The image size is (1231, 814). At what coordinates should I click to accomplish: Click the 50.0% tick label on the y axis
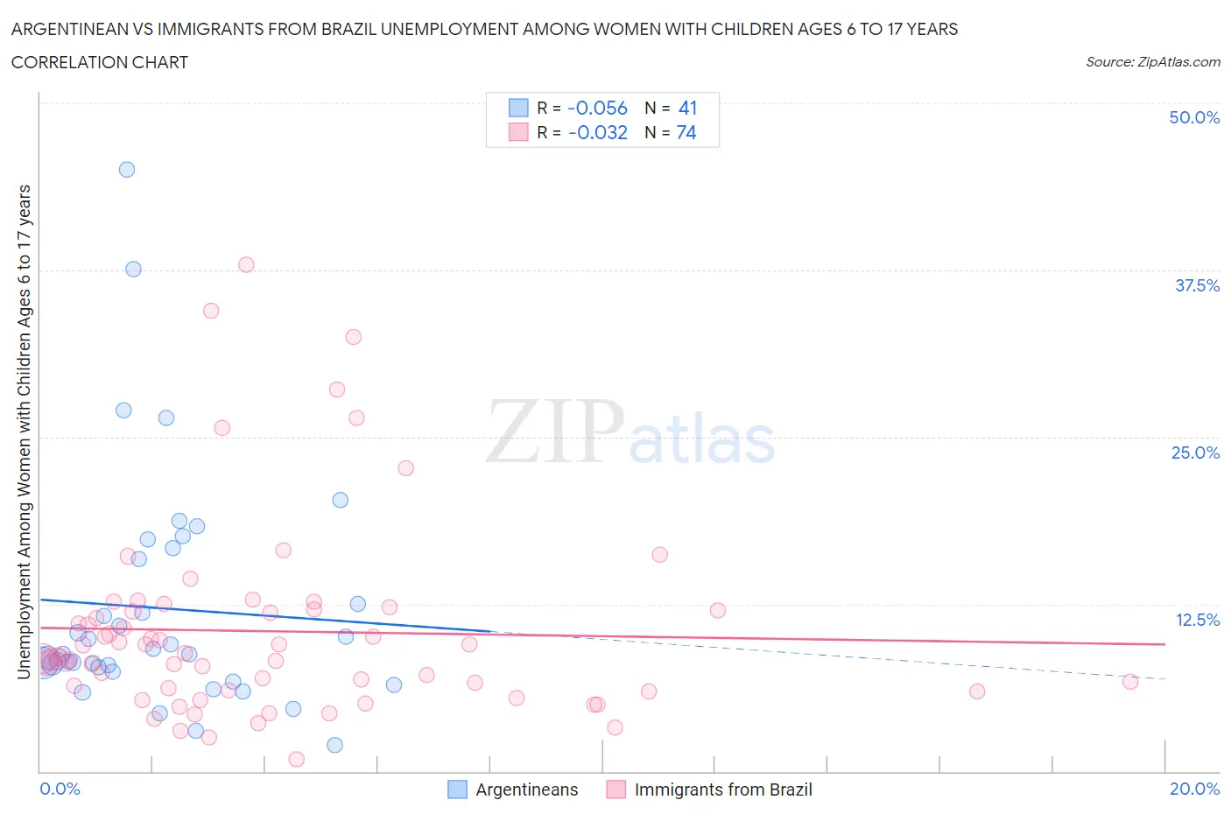pyautogui.click(x=1194, y=117)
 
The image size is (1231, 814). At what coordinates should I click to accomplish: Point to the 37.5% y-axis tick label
pyautogui.click(x=1197, y=285)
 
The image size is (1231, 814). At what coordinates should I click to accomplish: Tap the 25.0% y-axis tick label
pyautogui.click(x=1195, y=453)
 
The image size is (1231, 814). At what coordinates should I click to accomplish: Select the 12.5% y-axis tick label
pyautogui.click(x=1197, y=620)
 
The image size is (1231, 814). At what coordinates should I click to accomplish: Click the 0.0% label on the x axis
pyautogui.click(x=60, y=789)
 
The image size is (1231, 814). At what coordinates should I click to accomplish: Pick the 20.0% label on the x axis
pyautogui.click(x=1194, y=789)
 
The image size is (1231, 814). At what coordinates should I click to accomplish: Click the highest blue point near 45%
pyautogui.click(x=127, y=170)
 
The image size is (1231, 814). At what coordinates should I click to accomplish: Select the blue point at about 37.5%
pyautogui.click(x=133, y=269)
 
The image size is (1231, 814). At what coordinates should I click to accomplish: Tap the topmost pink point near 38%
pyautogui.click(x=246, y=264)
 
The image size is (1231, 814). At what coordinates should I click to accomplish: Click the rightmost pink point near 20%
pyautogui.click(x=1130, y=682)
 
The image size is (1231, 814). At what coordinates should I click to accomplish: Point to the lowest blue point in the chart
pyautogui.click(x=334, y=745)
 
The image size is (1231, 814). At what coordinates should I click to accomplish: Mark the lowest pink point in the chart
pyautogui.click(x=297, y=759)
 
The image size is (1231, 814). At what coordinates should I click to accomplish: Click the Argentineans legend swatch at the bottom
pyautogui.click(x=457, y=789)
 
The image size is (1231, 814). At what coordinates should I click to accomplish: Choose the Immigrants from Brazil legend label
pyautogui.click(x=723, y=789)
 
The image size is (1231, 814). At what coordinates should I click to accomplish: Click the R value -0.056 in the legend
pyautogui.click(x=597, y=108)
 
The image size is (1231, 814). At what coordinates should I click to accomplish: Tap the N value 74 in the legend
pyautogui.click(x=686, y=132)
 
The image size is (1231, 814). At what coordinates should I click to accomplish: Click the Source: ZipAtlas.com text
pyautogui.click(x=1152, y=62)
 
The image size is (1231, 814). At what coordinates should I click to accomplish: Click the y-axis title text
pyautogui.click(x=24, y=432)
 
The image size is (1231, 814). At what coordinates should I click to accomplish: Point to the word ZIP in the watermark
pyautogui.click(x=554, y=432)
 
